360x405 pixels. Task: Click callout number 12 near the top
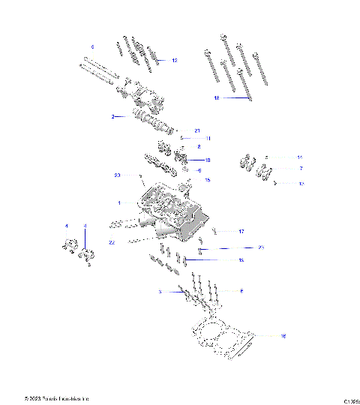click(175, 59)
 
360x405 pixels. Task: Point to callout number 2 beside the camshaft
click(112, 117)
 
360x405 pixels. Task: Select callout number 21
click(197, 130)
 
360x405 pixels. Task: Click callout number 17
click(241, 231)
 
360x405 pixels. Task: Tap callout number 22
click(112, 242)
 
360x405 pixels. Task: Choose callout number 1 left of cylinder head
click(118, 202)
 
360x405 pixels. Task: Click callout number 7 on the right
click(301, 169)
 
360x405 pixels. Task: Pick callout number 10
click(208, 160)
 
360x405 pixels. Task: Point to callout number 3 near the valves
click(160, 291)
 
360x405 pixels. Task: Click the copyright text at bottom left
click(56, 397)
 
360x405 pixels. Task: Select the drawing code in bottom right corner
click(350, 399)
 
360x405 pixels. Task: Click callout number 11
click(208, 139)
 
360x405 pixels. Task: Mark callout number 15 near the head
click(208, 180)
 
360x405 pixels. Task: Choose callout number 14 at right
click(300, 157)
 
